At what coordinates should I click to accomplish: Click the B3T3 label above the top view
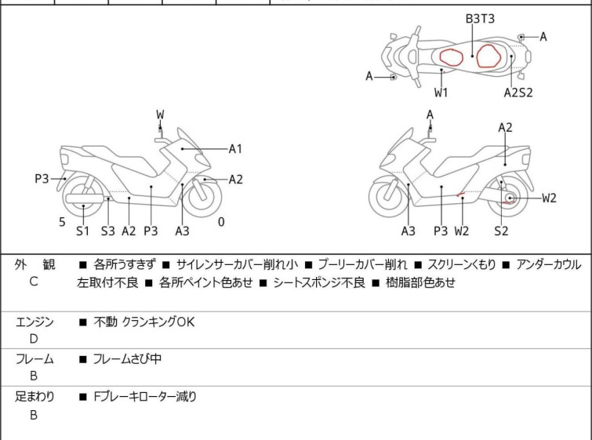click(480, 17)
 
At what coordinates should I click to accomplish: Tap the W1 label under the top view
click(442, 93)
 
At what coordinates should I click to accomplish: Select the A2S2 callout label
click(518, 93)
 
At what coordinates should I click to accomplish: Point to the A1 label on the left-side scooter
click(236, 148)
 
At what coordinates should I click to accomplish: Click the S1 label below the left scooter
click(82, 231)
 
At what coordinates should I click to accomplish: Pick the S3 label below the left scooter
click(107, 231)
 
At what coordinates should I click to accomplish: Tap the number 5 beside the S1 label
click(62, 222)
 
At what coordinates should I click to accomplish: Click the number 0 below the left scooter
click(221, 222)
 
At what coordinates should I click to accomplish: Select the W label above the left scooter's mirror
click(160, 115)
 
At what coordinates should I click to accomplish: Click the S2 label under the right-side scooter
click(501, 231)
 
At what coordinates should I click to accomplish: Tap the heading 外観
click(35, 264)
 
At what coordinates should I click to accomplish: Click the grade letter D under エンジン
click(34, 339)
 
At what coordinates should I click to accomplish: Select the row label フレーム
click(35, 359)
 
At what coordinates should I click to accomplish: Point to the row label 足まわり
click(35, 397)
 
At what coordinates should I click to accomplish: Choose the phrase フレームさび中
click(127, 359)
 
